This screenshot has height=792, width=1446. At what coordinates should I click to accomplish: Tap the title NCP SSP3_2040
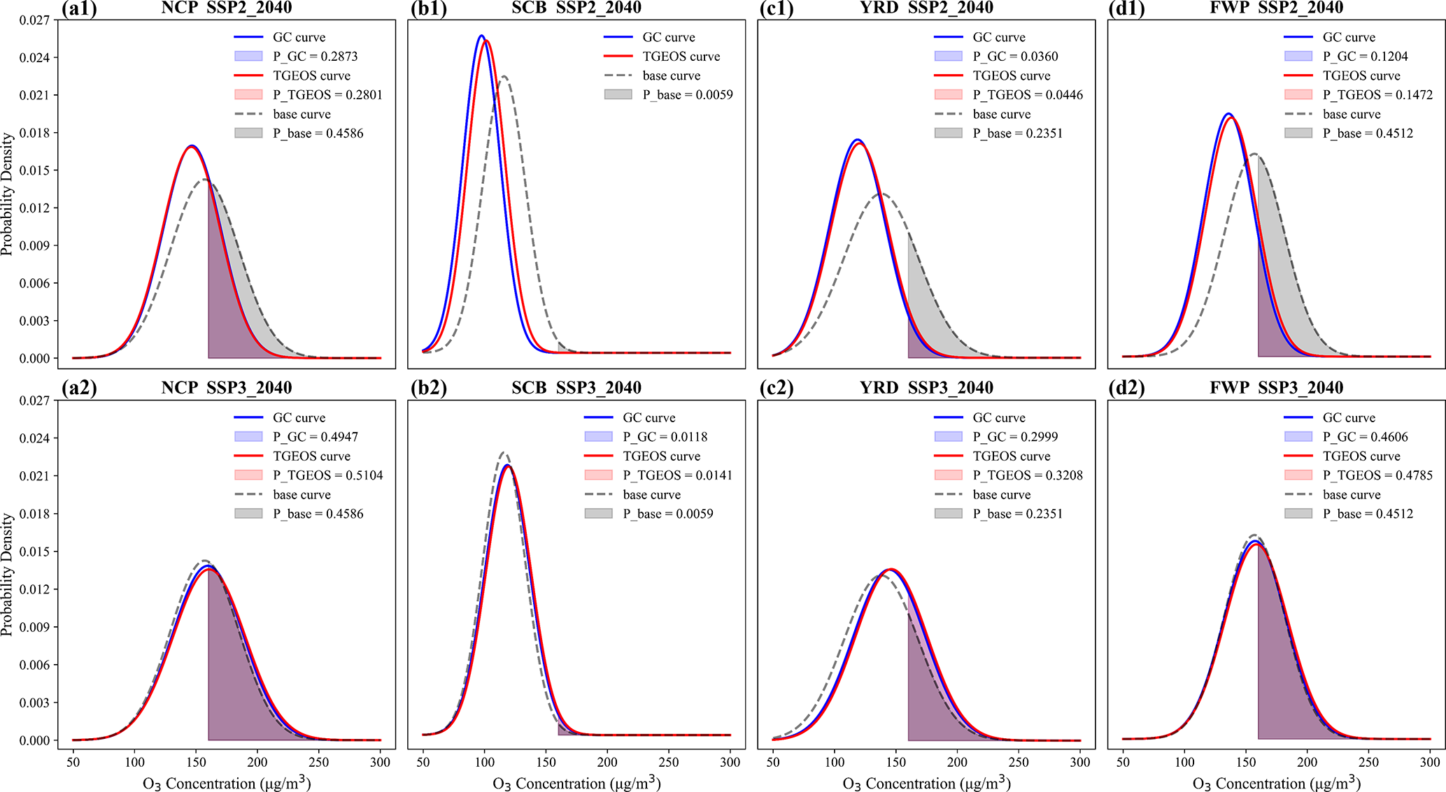pos(226,388)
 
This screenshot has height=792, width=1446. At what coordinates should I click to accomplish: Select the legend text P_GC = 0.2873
pos(315,57)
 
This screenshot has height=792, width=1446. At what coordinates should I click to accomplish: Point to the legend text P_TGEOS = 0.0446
pos(1028,95)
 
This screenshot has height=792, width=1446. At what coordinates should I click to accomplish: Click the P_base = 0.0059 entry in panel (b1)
pos(688,95)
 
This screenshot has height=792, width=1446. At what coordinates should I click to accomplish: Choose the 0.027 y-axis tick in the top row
pos(33,20)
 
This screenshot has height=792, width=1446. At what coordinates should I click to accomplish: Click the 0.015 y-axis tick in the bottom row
pos(33,552)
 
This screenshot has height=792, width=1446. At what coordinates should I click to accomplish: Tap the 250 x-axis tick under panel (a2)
pos(319,762)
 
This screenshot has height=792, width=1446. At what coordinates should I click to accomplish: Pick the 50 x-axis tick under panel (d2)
pos(1123,762)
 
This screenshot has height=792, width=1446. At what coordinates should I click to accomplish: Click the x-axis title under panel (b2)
pos(576,784)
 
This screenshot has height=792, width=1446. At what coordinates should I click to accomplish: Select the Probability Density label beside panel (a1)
pos(7,194)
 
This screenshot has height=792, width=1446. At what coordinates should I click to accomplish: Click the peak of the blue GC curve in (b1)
pos(481,36)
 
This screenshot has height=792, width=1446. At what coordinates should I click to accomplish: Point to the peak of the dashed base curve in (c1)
pos(882,194)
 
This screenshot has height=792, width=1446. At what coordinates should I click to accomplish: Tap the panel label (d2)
pos(1127,388)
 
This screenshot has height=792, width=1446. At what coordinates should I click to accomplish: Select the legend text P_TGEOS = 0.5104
pos(327,475)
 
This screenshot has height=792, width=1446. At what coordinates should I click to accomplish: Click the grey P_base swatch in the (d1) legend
pos(1298,133)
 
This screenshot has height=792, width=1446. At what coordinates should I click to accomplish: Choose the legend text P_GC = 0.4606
pos(1365,437)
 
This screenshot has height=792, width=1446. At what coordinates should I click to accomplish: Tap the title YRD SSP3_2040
pos(926,388)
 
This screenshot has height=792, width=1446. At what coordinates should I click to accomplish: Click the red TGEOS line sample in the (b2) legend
pos(598,456)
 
